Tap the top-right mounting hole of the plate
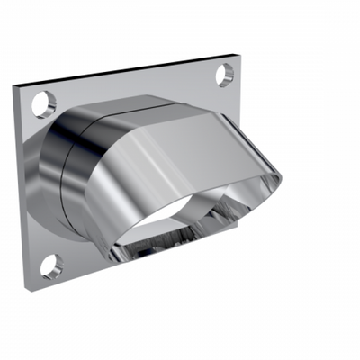(x=225, y=75)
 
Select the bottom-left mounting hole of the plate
(x=52, y=265)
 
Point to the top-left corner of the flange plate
(x=14, y=86)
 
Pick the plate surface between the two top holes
(x=135, y=85)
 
